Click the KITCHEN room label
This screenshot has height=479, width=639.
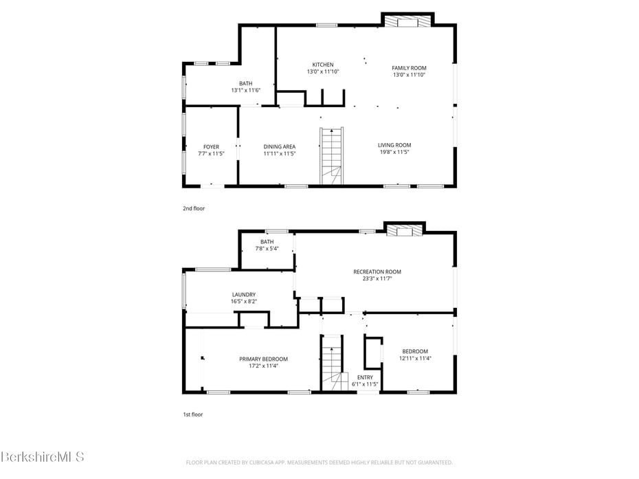[x=323, y=65]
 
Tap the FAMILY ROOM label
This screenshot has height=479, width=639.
[x=409, y=68]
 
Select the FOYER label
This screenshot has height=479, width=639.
[x=211, y=147]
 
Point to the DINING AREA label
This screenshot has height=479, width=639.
[x=280, y=147]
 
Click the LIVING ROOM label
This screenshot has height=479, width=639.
[x=394, y=145]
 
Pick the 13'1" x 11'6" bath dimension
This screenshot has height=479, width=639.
[x=246, y=90]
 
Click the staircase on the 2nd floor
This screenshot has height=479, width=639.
[x=331, y=156]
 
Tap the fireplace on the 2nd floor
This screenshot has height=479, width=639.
[x=408, y=21]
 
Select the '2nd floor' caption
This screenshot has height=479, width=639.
[x=194, y=208]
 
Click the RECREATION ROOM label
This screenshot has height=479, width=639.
[x=377, y=272]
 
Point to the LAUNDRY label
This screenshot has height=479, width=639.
[x=244, y=295]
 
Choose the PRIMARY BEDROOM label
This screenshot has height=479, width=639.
[x=263, y=359]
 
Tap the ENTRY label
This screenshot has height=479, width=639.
[x=365, y=377]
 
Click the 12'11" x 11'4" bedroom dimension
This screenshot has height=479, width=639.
[x=415, y=358]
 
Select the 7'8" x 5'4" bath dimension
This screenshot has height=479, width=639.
[x=267, y=248]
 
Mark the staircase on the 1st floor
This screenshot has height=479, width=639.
[x=332, y=363]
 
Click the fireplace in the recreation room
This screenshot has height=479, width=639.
[x=405, y=232]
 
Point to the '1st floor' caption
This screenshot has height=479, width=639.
[x=193, y=414]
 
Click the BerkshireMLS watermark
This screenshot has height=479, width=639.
[x=42, y=456]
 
